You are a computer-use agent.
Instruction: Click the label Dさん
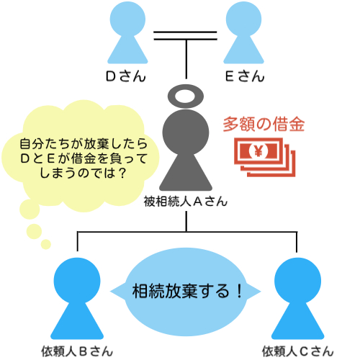pyautogui.click(x=126, y=76)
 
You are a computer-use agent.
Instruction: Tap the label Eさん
pyautogui.click(x=245, y=76)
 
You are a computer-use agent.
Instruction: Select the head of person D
pyautogui.click(x=127, y=19)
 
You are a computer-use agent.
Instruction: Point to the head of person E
pyautogui.click(x=243, y=19)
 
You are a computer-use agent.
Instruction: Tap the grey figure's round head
pyautogui.click(x=186, y=132)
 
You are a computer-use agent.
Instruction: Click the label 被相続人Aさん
pyautogui.click(x=185, y=201)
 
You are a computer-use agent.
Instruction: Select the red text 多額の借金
pyautogui.click(x=264, y=124)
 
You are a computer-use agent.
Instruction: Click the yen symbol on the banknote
pyautogui.click(x=258, y=151)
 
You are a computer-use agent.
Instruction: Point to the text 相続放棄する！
pyautogui.click(x=187, y=291)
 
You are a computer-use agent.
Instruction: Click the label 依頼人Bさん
pyautogui.click(x=77, y=351)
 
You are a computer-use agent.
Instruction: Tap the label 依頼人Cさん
pyautogui.click(x=298, y=351)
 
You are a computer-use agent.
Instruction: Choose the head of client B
pyautogui.click(x=77, y=281)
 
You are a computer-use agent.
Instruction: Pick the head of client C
pyautogui.click(x=297, y=281)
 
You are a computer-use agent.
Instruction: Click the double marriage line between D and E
pyautogui.click(x=185, y=35)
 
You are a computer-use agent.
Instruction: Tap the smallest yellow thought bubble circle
pyautogui.click(x=46, y=244)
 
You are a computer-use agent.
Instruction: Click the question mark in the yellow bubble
pyautogui.click(x=122, y=173)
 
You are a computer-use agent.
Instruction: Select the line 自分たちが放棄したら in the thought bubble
pyautogui.click(x=84, y=143)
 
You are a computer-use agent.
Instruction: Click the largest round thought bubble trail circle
pyautogui.click(x=30, y=209)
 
